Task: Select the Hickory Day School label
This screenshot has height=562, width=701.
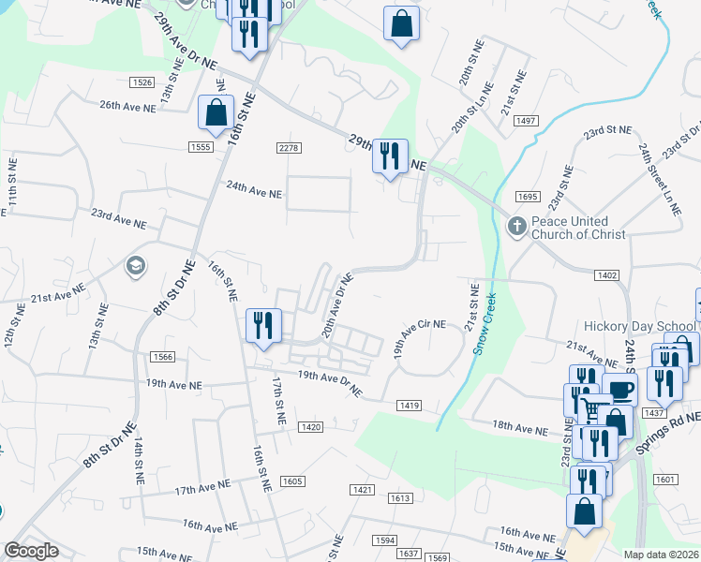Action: click(639, 326)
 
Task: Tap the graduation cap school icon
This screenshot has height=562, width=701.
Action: click(136, 267)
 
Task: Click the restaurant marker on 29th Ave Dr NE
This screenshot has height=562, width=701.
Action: click(390, 155)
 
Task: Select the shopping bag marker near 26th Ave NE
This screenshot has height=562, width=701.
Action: click(216, 112)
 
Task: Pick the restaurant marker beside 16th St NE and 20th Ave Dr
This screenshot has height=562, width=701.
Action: click(262, 326)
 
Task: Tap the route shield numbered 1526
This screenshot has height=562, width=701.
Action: click(142, 82)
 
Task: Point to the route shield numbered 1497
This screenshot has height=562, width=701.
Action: click(525, 121)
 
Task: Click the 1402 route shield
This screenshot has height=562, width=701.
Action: click(605, 274)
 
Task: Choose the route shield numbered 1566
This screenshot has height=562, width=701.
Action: click(162, 356)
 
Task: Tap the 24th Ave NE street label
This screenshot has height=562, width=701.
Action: click(254, 190)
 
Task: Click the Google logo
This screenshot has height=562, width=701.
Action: click(31, 551)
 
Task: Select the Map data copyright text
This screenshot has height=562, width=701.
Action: click(662, 555)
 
